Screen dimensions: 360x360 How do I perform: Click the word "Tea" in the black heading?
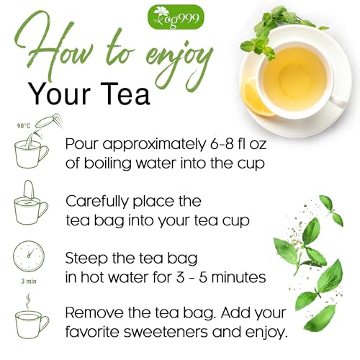click(129, 93)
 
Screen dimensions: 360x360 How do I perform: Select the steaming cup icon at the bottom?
click(29, 320)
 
